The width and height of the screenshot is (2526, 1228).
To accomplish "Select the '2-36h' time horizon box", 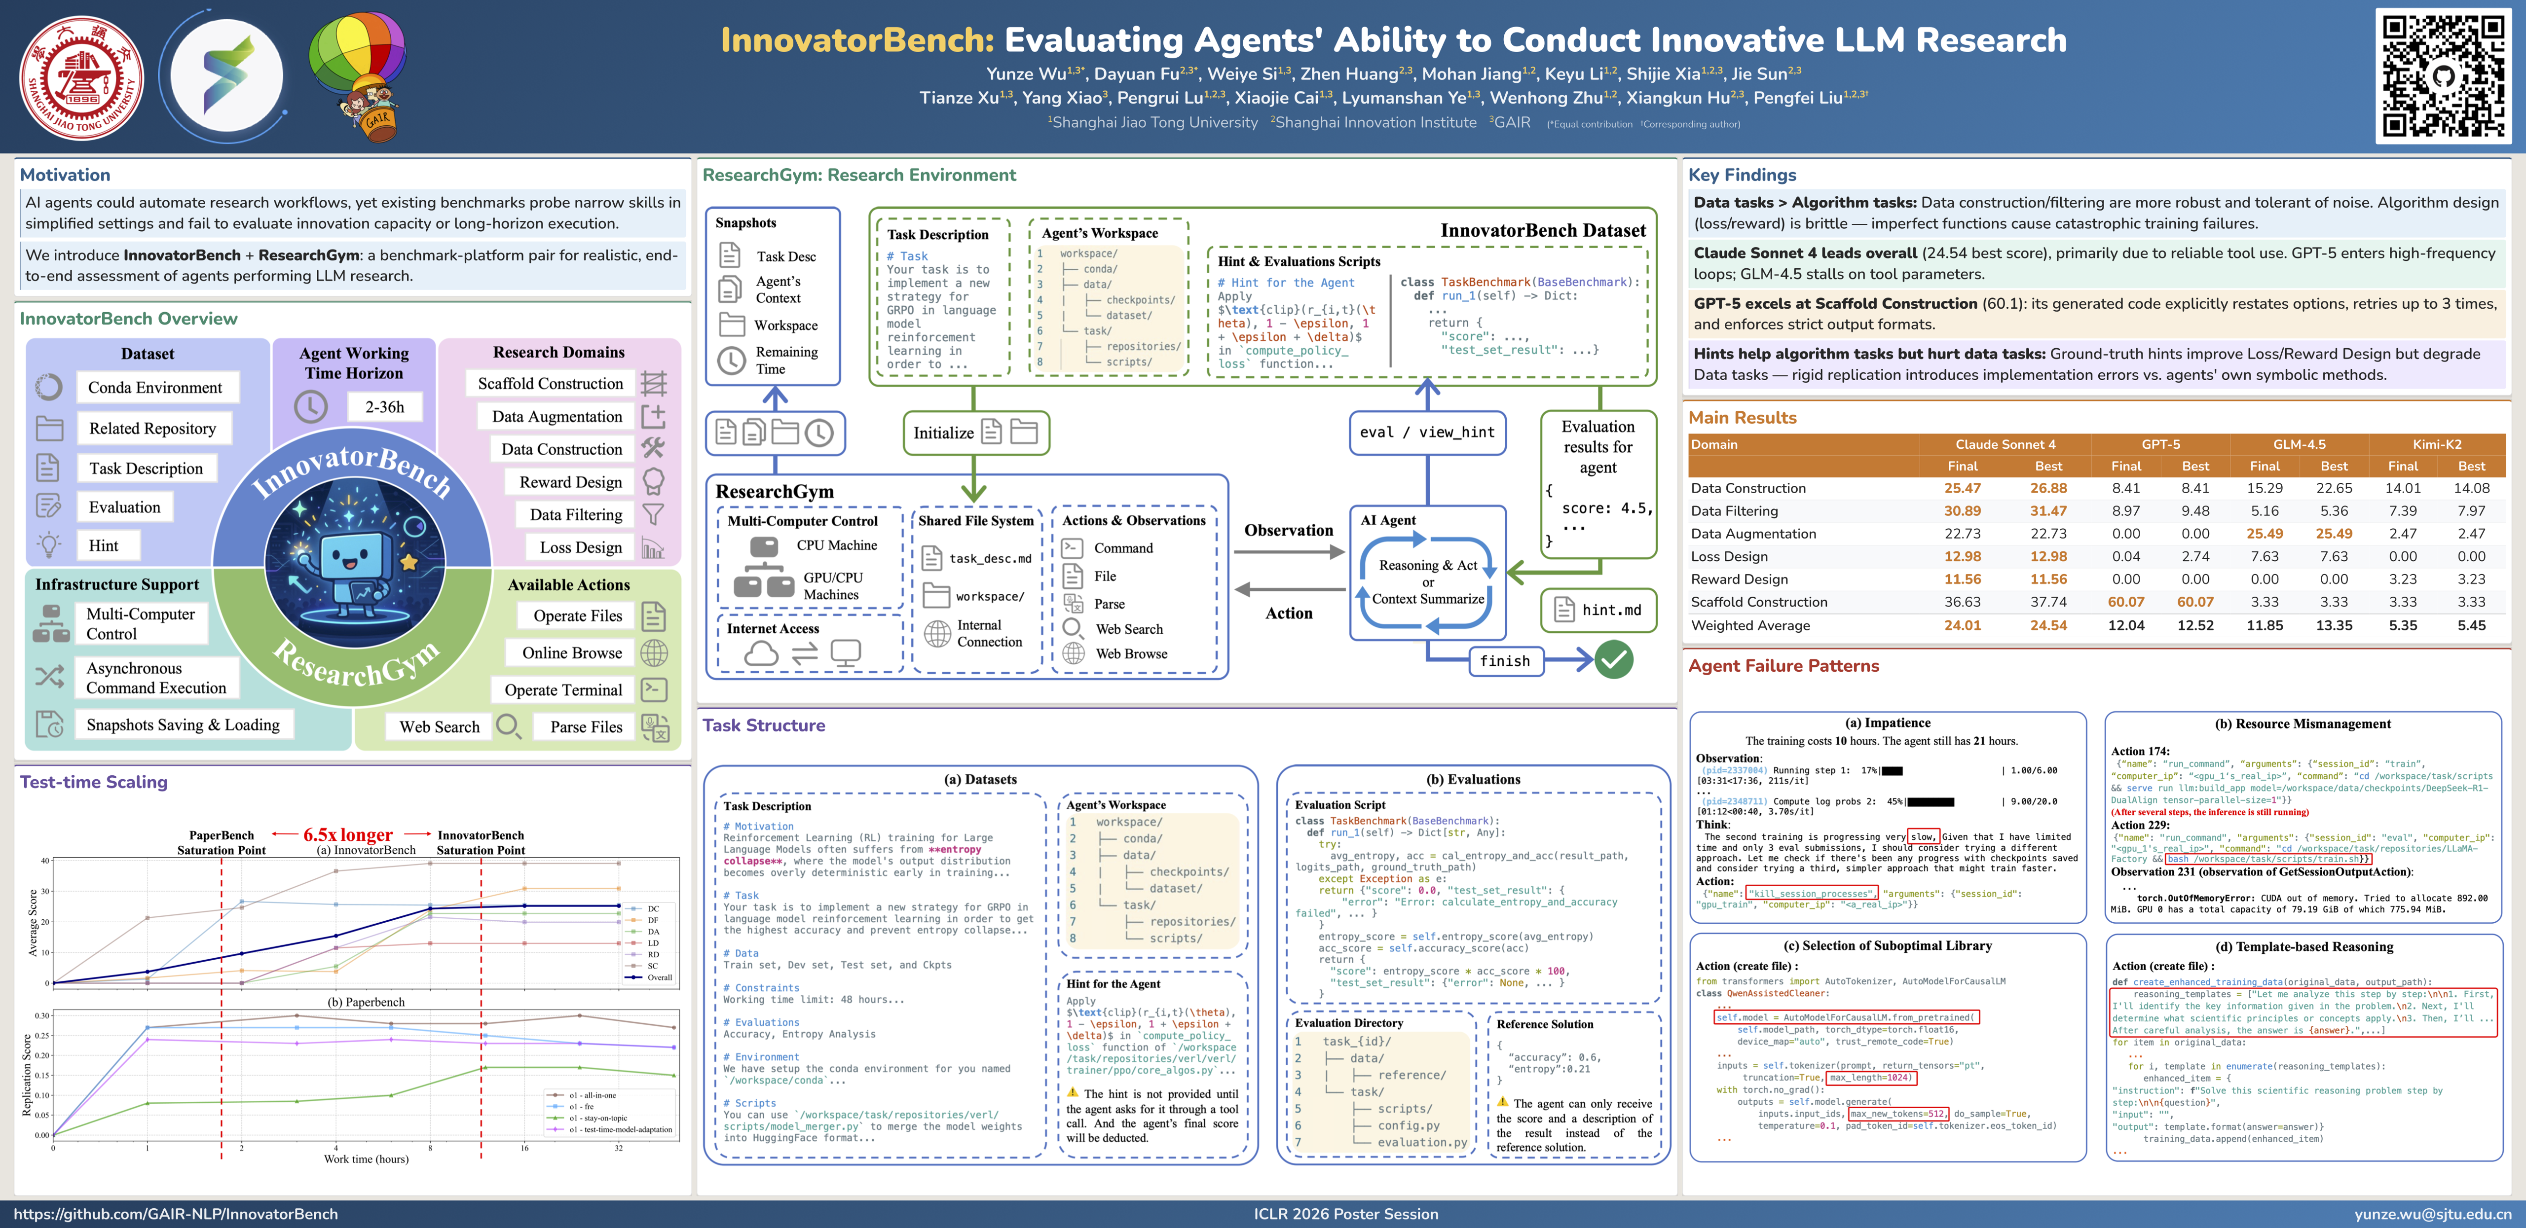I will pyautogui.click(x=384, y=407).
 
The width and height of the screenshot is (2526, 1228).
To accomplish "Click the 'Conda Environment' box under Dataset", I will pyautogui.click(x=155, y=387).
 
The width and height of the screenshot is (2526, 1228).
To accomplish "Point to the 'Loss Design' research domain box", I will pyautogui.click(x=581, y=547).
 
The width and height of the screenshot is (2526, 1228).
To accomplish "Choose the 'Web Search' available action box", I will pyautogui.click(x=439, y=726).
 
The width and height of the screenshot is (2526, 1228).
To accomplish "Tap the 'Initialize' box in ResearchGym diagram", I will pyautogui.click(x=975, y=432).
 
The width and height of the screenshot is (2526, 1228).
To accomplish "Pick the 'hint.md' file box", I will pyautogui.click(x=1598, y=610).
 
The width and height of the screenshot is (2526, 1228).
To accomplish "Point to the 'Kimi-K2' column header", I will pyautogui.click(x=2437, y=444).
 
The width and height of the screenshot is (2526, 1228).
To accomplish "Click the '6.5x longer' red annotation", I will pyautogui.click(x=348, y=835).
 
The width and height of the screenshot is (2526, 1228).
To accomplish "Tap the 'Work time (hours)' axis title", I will pyautogui.click(x=366, y=1159).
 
